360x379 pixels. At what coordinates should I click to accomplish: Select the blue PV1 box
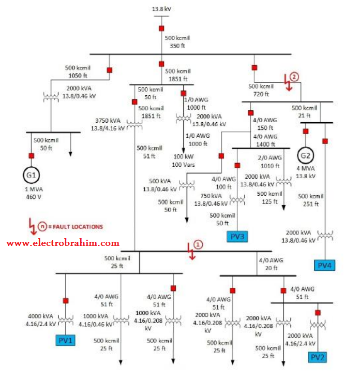tap(66, 340)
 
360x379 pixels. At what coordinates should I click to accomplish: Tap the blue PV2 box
tap(317, 357)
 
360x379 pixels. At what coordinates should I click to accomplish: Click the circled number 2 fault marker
tap(294, 76)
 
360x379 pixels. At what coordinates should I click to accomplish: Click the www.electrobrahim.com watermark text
tap(63, 242)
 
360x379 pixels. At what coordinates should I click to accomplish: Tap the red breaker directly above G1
tap(31, 156)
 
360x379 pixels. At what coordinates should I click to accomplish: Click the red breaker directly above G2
tap(306, 132)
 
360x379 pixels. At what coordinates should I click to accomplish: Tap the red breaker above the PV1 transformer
tap(66, 300)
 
